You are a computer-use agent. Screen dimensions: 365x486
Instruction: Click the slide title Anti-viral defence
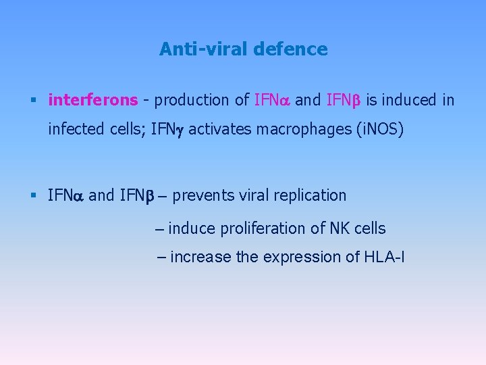(243, 49)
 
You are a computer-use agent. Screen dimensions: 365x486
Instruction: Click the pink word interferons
(92, 101)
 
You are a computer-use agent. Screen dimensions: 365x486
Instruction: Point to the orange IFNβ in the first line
(344, 101)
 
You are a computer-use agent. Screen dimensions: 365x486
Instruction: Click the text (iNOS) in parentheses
(379, 129)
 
